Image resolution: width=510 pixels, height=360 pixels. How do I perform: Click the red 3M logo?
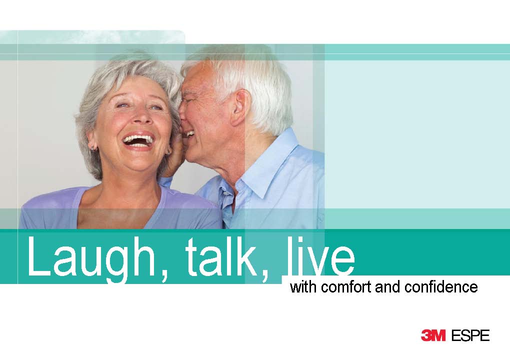tap(433, 335)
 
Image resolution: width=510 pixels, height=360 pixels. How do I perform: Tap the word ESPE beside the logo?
tap(470, 335)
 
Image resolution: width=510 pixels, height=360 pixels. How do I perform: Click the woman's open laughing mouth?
tap(138, 140)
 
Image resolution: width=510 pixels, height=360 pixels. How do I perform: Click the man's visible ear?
tap(241, 107)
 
